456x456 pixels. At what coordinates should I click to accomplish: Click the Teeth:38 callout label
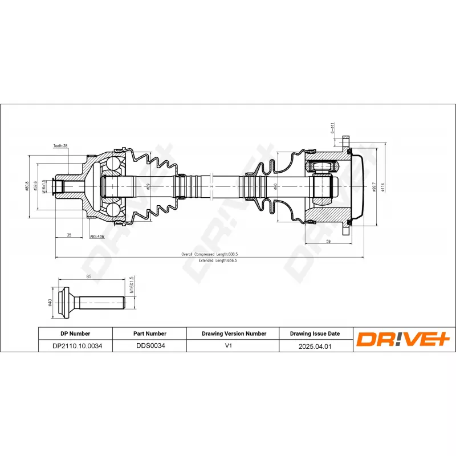click(x=60, y=146)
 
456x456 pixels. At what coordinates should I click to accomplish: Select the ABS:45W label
click(x=97, y=237)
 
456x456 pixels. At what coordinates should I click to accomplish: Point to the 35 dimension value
click(x=69, y=234)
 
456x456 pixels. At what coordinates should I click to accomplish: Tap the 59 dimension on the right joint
click(x=328, y=241)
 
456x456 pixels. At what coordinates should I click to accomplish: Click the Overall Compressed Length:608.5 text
click(x=209, y=254)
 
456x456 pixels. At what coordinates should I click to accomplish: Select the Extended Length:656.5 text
click(x=217, y=260)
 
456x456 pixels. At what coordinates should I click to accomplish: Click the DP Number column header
click(x=75, y=333)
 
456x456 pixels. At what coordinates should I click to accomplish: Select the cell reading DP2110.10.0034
click(x=75, y=346)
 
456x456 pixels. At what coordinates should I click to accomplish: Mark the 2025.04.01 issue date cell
click(x=315, y=346)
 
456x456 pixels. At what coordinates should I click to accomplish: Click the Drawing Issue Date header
click(x=315, y=333)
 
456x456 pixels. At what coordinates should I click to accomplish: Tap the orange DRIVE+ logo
click(x=404, y=340)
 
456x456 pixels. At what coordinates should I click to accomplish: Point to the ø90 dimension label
click(x=276, y=186)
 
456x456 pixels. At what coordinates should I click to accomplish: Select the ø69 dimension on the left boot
click(x=148, y=186)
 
